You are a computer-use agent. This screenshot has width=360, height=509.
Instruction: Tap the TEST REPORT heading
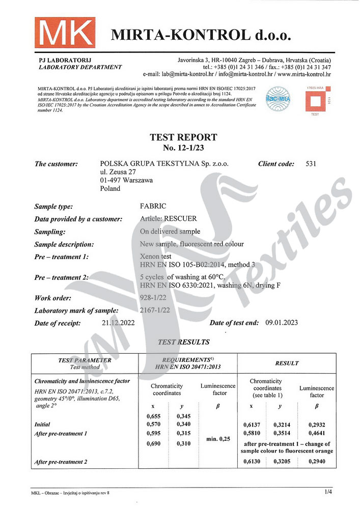click(183, 137)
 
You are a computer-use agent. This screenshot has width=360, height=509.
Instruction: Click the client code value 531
click(312, 164)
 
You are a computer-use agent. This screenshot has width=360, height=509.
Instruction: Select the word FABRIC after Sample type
click(152, 207)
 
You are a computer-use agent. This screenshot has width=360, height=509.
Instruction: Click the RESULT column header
click(287, 363)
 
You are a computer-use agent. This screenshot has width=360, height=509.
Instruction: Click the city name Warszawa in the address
click(135, 180)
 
